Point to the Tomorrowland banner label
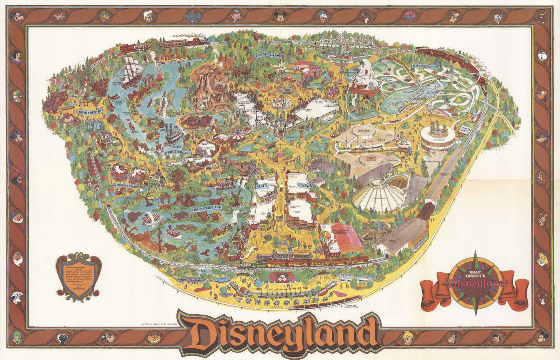[x=425, y=67]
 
